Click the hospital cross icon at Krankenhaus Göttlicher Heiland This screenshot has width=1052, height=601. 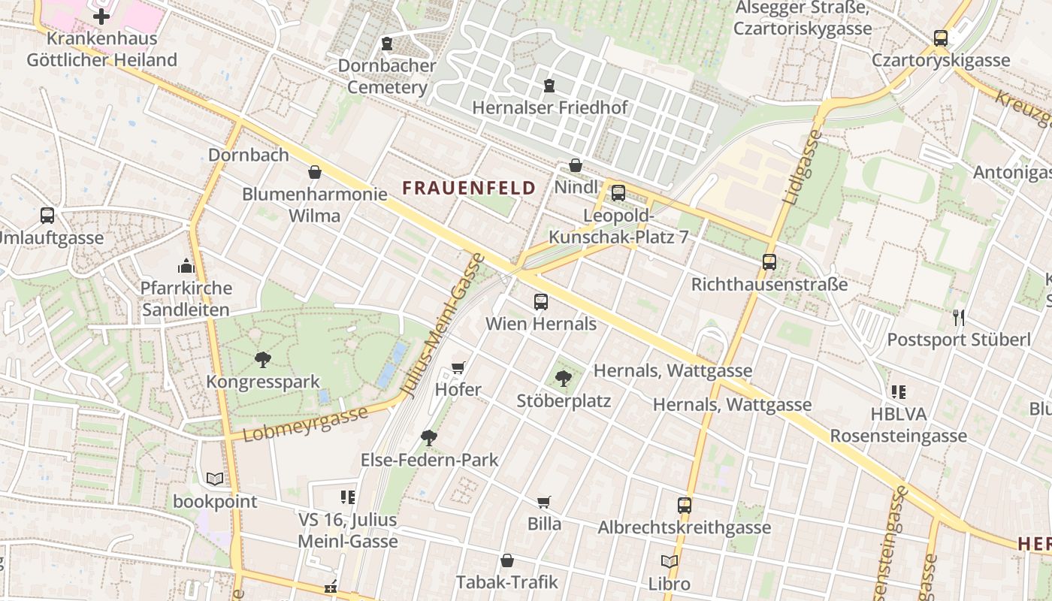(x=101, y=17)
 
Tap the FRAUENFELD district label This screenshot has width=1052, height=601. (x=469, y=188)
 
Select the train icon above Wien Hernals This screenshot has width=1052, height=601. (x=540, y=302)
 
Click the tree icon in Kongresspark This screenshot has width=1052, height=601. (x=262, y=359)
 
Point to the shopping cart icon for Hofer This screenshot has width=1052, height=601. (x=458, y=368)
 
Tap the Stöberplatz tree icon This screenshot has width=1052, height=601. (x=563, y=379)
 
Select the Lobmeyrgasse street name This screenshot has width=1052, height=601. (x=305, y=424)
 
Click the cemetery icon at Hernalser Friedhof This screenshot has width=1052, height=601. (x=549, y=86)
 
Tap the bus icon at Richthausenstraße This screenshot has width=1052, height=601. (x=769, y=262)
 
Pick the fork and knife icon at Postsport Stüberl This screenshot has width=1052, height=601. (x=958, y=318)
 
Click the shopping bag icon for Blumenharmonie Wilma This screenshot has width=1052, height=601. (x=314, y=172)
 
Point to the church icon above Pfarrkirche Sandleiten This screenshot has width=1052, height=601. (x=186, y=266)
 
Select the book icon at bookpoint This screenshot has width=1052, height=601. (x=215, y=479)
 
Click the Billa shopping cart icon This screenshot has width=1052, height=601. (x=543, y=502)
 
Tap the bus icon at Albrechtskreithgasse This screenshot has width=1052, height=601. (x=684, y=506)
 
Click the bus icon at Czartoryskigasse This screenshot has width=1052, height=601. (x=940, y=38)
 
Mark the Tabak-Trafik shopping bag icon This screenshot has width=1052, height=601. (x=507, y=560)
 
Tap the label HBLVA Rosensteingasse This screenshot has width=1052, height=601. (x=898, y=425)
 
